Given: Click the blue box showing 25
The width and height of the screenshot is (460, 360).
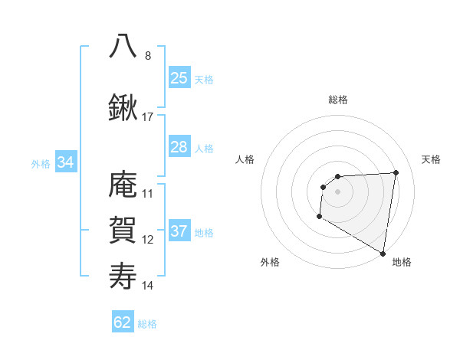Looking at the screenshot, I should [179, 78].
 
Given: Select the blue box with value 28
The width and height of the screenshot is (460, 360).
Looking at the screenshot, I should [179, 147].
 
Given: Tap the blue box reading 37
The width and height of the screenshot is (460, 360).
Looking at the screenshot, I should [179, 231].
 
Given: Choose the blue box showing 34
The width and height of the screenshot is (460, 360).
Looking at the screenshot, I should [65, 162].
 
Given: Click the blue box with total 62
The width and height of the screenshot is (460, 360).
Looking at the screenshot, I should [123, 322].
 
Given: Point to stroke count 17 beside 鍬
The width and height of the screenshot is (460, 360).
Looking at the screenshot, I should [148, 117].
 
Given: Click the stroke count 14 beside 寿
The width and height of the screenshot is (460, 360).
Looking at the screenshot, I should [148, 286].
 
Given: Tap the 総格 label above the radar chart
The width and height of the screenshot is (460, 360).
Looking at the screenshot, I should [337, 100].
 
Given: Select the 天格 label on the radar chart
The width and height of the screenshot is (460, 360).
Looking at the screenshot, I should [431, 159].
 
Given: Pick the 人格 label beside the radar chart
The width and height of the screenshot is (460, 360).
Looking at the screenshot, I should [245, 159].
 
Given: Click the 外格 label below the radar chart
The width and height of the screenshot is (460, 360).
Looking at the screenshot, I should [270, 262].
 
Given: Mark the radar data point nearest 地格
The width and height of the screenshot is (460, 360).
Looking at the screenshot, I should [383, 254].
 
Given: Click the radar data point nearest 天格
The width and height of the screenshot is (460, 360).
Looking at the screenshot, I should [396, 172].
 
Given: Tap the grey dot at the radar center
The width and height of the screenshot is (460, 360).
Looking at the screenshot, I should [337, 191].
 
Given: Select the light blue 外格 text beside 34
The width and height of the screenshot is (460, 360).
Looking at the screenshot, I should [41, 163].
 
